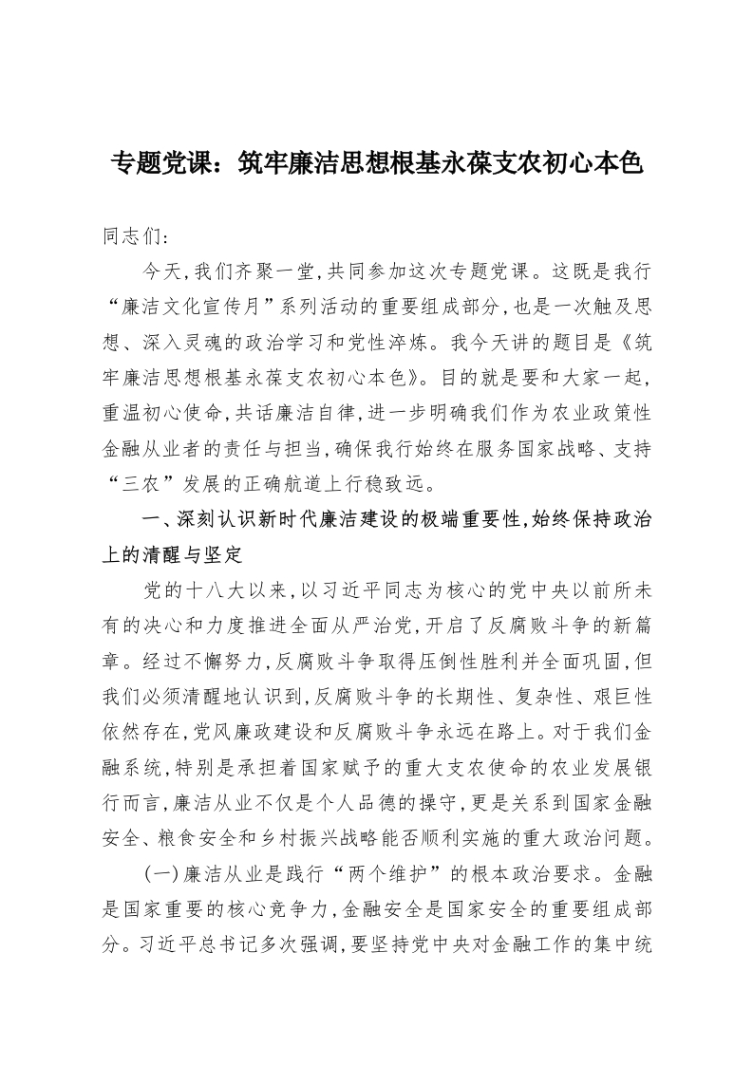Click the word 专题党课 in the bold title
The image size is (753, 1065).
(159, 163)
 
